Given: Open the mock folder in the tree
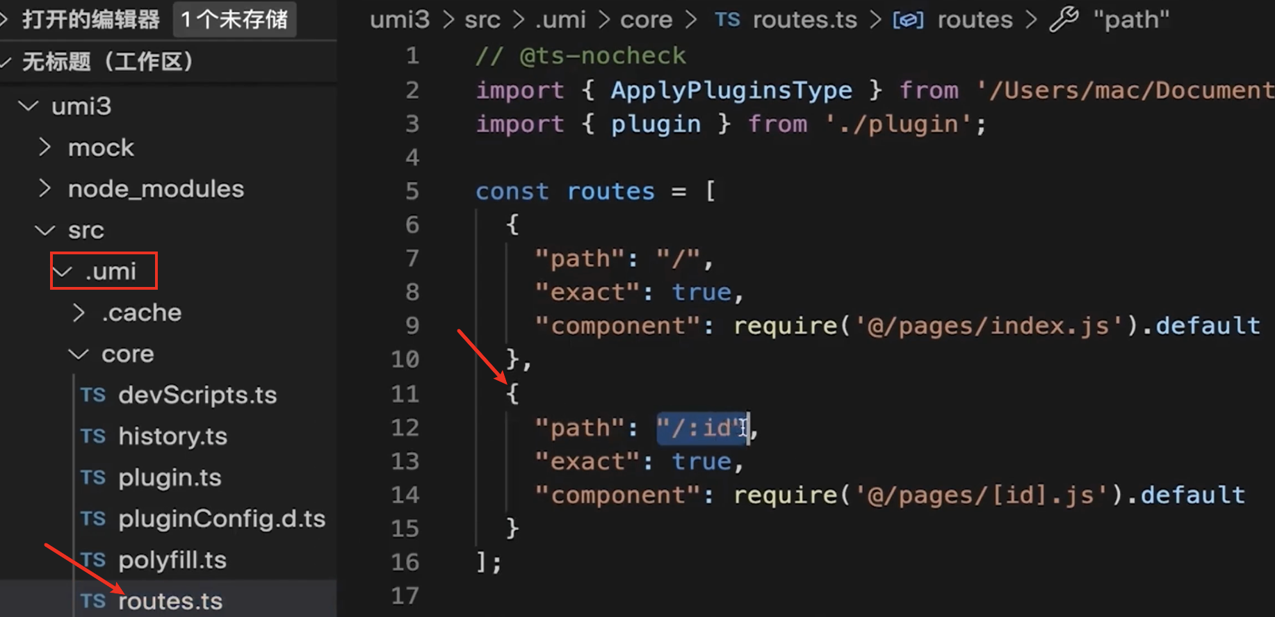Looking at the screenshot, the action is point(100,148).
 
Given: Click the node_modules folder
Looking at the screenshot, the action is point(156,189).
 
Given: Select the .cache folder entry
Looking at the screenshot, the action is point(141,313).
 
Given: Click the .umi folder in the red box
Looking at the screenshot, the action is point(110,271).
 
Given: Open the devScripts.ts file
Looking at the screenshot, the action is point(197,395).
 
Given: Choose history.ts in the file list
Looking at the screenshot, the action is point(172,436).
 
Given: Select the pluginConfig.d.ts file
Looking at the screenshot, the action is point(221,519).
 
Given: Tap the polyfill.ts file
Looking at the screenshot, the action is point(172,560).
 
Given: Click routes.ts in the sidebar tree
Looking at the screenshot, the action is point(170,601).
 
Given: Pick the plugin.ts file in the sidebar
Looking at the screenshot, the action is point(169,478).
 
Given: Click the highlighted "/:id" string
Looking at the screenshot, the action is point(701,428).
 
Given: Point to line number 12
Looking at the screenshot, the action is point(405,427).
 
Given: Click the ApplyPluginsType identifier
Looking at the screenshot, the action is point(731,90).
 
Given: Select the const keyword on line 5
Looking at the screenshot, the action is point(512,191).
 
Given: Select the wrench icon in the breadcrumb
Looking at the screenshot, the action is point(1064,19).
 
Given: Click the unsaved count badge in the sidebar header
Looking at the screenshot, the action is point(234,19).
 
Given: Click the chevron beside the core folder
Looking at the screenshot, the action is point(79,354).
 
